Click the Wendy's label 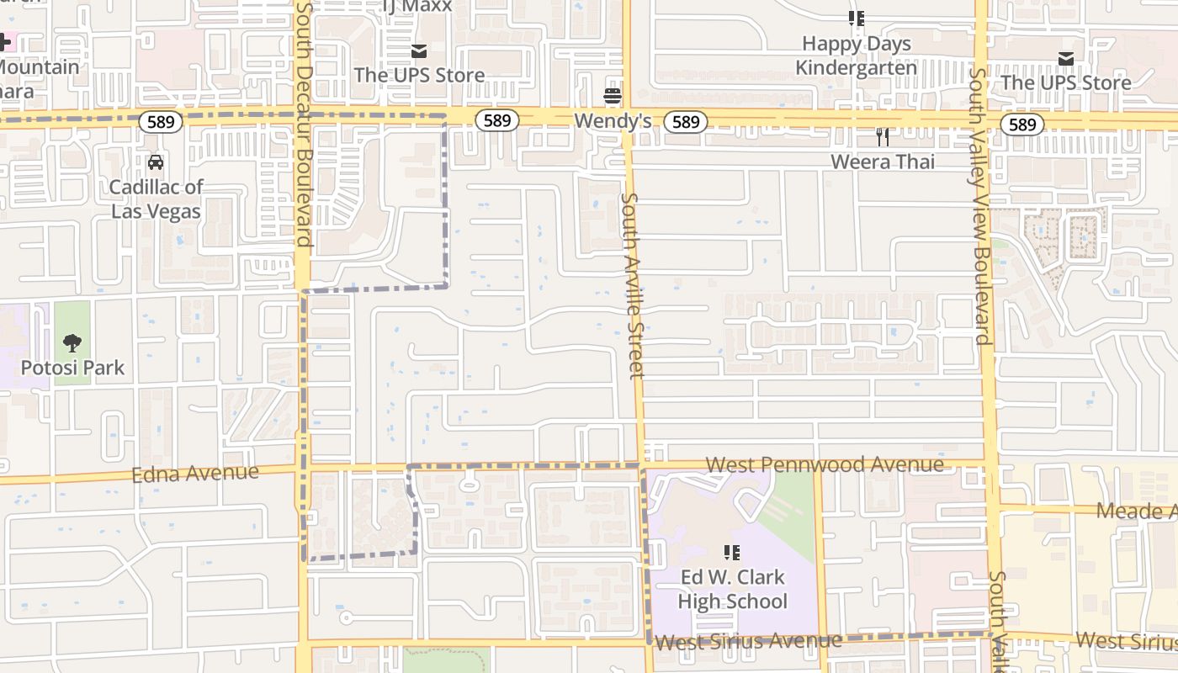click(x=613, y=121)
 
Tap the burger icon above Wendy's click(x=613, y=96)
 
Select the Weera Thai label click(x=882, y=162)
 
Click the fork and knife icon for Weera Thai click(x=882, y=136)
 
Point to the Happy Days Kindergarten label click(x=857, y=56)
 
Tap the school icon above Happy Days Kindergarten click(x=857, y=19)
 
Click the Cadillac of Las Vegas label click(x=156, y=199)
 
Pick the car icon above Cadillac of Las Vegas click(x=156, y=162)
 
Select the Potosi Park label click(x=72, y=368)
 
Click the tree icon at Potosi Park click(x=72, y=342)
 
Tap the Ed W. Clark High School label click(x=732, y=589)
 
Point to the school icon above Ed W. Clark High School click(x=732, y=553)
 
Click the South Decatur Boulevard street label click(x=304, y=126)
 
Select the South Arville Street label click(x=632, y=286)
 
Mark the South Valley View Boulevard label click(x=981, y=206)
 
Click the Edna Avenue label click(x=195, y=474)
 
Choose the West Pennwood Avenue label click(x=825, y=464)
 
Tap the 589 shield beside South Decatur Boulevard click(x=160, y=122)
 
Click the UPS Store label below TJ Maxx click(x=419, y=75)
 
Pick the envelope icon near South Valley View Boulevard click(x=1066, y=58)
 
